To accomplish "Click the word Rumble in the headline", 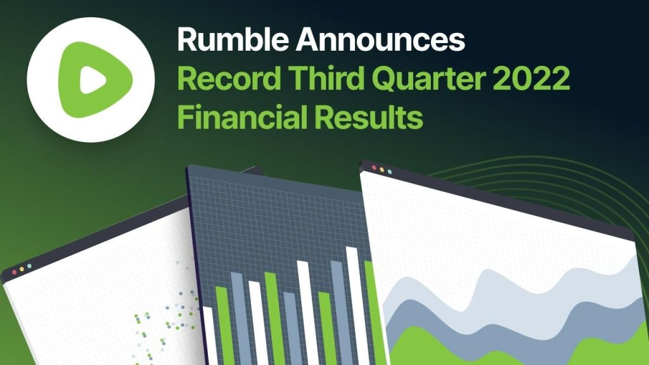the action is tap(233, 39).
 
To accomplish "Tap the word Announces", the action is tap(380, 40).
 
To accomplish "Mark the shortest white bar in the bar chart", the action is tap(211, 335).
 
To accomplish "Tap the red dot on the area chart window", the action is tap(374, 167).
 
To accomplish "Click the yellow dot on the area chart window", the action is tap(382, 170).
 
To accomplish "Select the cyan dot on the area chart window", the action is tap(390, 171).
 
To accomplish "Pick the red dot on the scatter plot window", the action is tap(15, 272).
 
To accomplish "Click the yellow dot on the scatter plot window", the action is tap(22, 269).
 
